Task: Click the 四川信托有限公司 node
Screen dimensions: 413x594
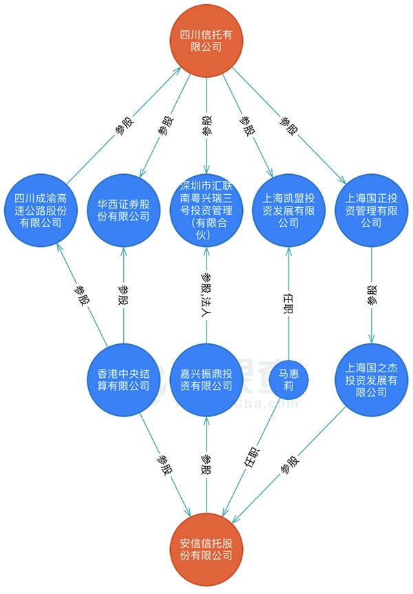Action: click(206, 41)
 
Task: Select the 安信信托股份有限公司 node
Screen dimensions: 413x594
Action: click(206, 550)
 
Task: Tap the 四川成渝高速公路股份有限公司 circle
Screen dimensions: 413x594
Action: click(41, 211)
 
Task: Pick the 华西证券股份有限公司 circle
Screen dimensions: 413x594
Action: click(123, 211)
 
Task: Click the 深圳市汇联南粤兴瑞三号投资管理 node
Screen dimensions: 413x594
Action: click(206, 211)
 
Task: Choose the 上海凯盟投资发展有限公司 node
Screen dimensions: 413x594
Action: click(288, 211)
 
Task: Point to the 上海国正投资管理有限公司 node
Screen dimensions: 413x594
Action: click(371, 211)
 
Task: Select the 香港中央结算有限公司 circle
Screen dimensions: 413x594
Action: click(123, 380)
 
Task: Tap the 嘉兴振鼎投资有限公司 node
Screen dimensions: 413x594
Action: click(206, 380)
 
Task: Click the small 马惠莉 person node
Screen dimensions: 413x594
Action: click(288, 380)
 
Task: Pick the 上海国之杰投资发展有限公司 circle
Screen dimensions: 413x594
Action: click(371, 380)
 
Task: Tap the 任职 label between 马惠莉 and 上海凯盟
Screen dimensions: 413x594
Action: click(288, 303)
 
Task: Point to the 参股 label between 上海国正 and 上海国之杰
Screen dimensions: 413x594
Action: click(372, 295)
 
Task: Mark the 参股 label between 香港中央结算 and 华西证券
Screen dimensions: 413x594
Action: click(123, 295)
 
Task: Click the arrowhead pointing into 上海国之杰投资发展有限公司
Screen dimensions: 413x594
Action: click(371, 339)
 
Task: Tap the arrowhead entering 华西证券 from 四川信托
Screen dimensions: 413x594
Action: click(142, 172)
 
